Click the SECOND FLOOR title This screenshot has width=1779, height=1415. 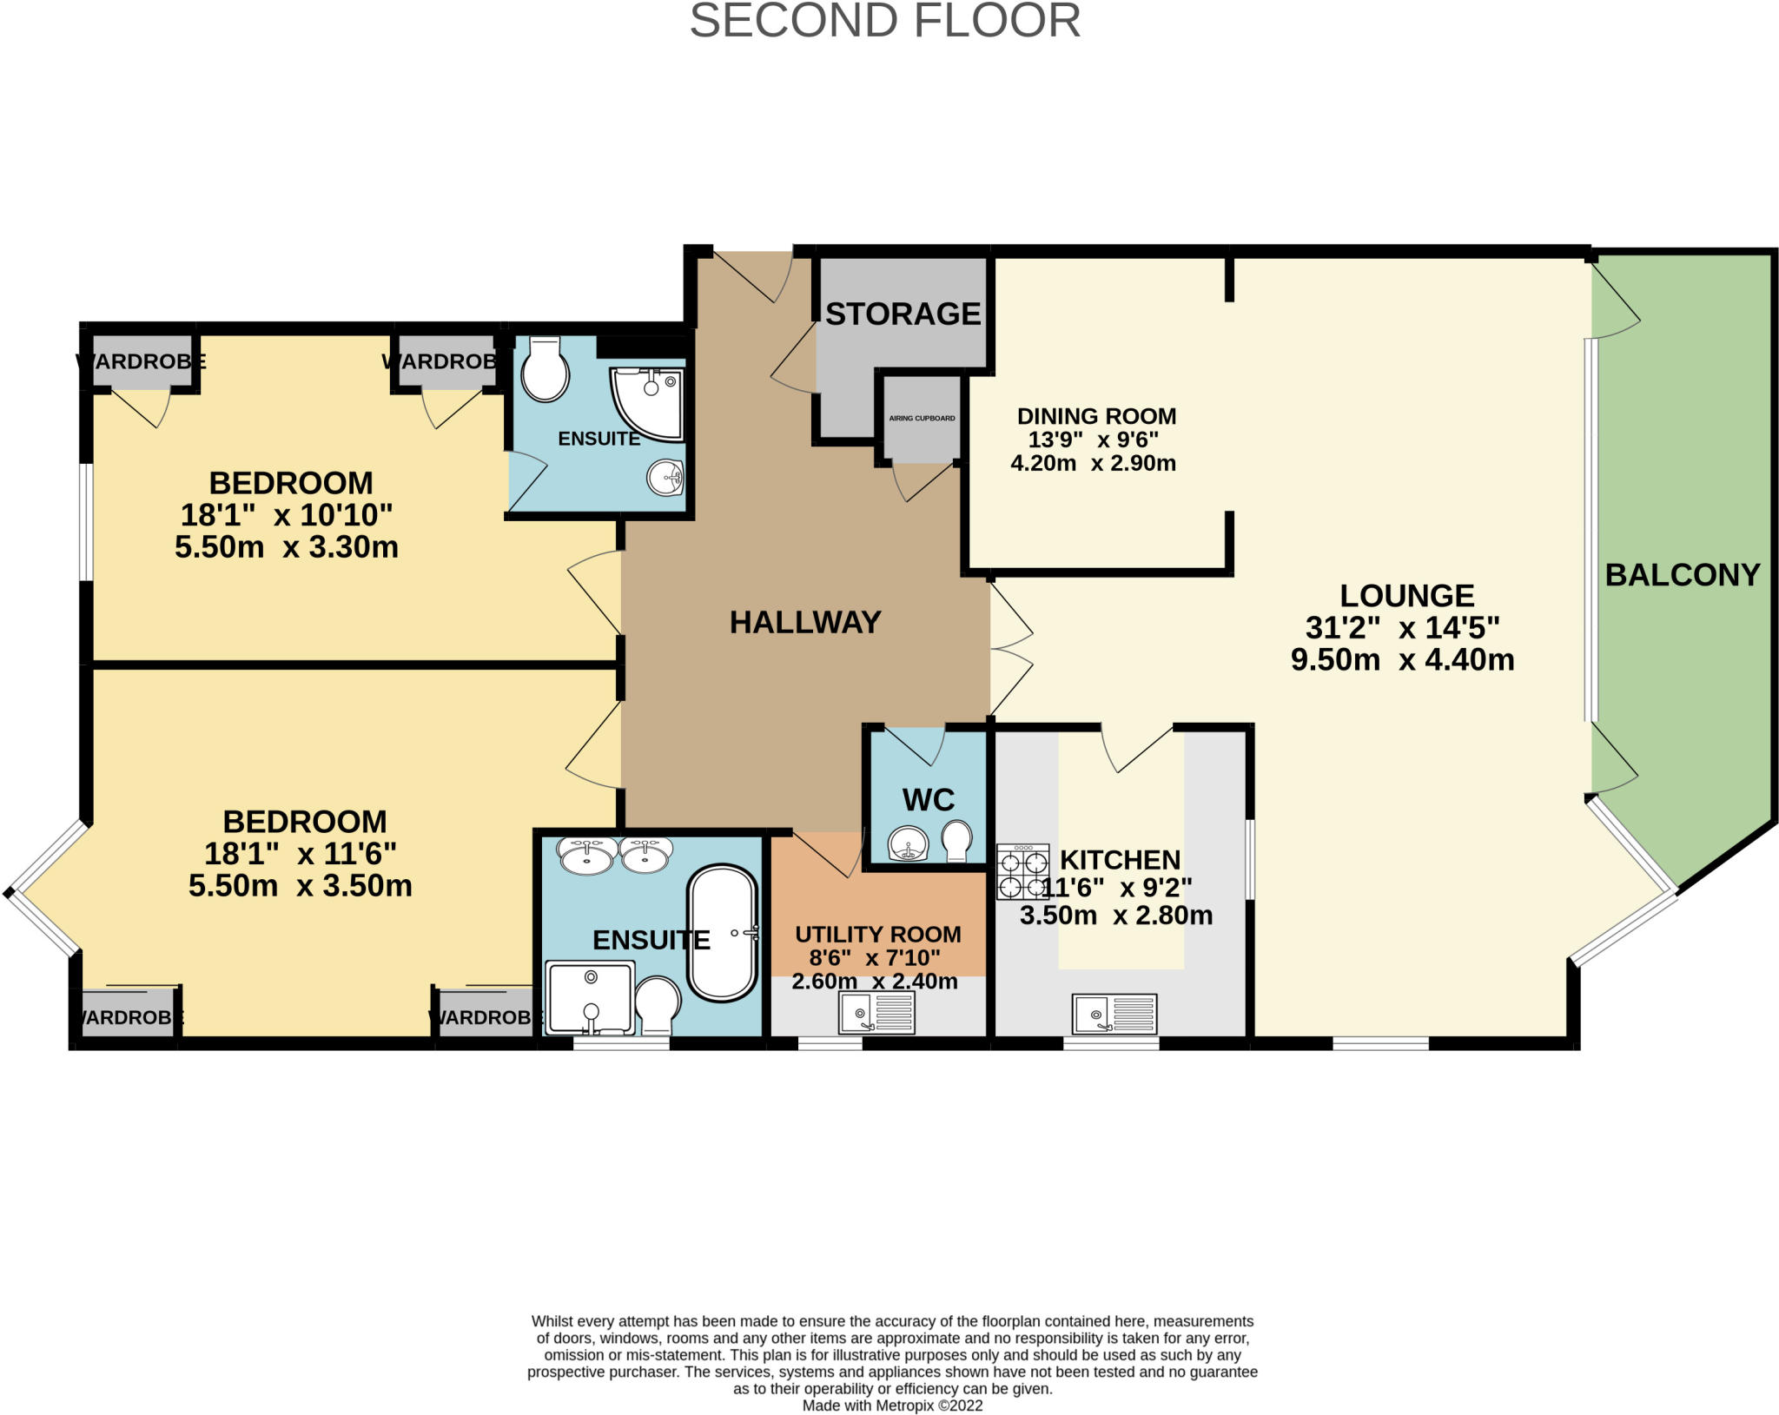click(x=885, y=21)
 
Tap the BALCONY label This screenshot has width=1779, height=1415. click(x=1683, y=575)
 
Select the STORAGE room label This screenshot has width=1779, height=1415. click(x=903, y=314)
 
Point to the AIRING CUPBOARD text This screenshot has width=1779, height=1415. click(x=922, y=419)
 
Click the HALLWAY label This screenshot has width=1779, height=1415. click(x=805, y=622)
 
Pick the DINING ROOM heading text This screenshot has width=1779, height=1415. click(x=1097, y=416)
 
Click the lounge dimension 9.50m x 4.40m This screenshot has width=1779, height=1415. click(x=1403, y=660)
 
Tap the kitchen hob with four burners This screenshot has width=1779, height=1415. click(x=1022, y=871)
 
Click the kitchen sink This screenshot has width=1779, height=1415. click(x=1114, y=1014)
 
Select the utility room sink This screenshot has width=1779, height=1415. click(x=876, y=1013)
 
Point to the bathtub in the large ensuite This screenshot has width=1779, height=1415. click(x=722, y=933)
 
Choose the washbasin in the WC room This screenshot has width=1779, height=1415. click(x=909, y=843)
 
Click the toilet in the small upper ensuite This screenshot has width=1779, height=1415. click(x=545, y=369)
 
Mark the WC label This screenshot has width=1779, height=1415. click(x=929, y=800)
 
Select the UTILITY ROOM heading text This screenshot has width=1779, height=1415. click(x=878, y=935)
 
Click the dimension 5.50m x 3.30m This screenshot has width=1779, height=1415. click(x=287, y=547)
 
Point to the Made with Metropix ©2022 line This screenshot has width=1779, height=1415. click(x=892, y=1405)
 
